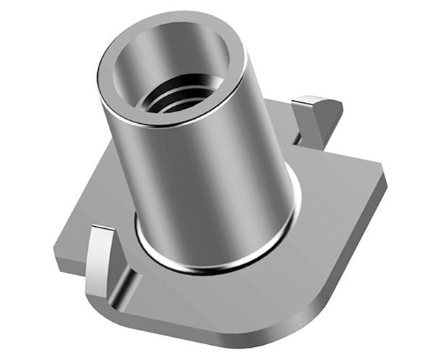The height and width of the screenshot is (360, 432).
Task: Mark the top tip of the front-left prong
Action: pos(101,230)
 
